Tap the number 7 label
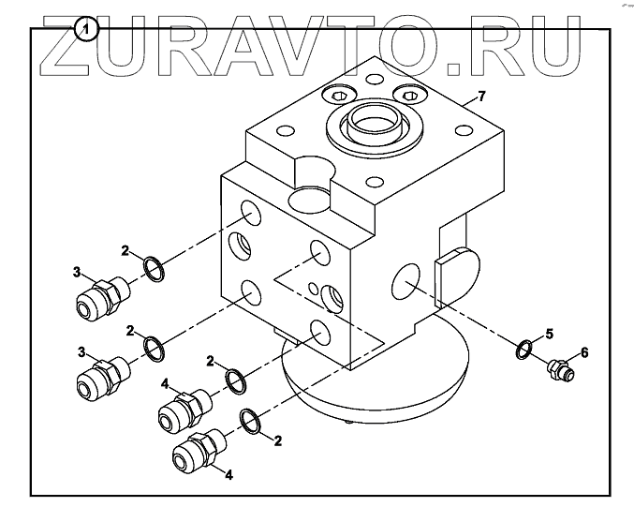click(x=481, y=97)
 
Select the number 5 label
click(x=550, y=333)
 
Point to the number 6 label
click(x=584, y=352)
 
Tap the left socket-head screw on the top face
click(x=339, y=96)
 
